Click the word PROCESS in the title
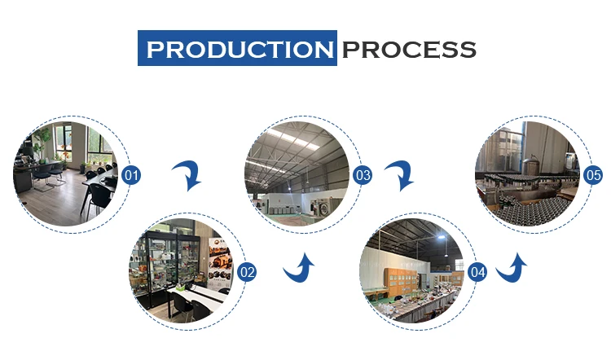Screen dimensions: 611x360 tap(408, 48)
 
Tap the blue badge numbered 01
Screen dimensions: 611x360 tap(131, 174)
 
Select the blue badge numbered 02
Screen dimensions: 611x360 tap(247, 272)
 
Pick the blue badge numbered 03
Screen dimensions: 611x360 tap(363, 174)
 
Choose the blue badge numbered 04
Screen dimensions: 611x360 tap(478, 272)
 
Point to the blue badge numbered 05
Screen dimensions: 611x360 tap(593, 174)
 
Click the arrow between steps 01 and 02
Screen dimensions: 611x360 tap(189, 174)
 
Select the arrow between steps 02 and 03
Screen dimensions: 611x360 tap(299, 268)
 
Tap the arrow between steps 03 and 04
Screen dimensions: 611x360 tap(401, 174)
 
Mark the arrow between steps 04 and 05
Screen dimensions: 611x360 tap(512, 266)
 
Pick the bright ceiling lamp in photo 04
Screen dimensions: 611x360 tap(440, 236)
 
